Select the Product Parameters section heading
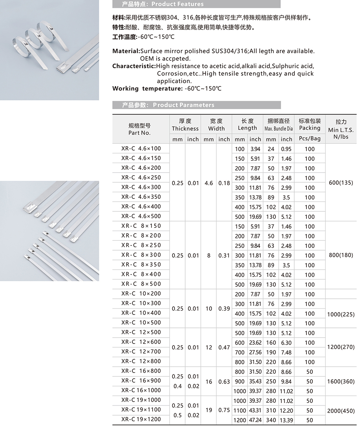[168, 105]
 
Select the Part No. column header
[139, 129]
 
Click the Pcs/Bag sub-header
[310, 138]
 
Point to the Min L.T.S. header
[341, 129]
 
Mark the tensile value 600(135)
[341, 182]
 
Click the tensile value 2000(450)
[341, 411]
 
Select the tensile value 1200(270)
[341, 347]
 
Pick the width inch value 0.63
[224, 381]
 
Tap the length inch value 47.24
[255, 420]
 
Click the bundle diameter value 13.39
[286, 420]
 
